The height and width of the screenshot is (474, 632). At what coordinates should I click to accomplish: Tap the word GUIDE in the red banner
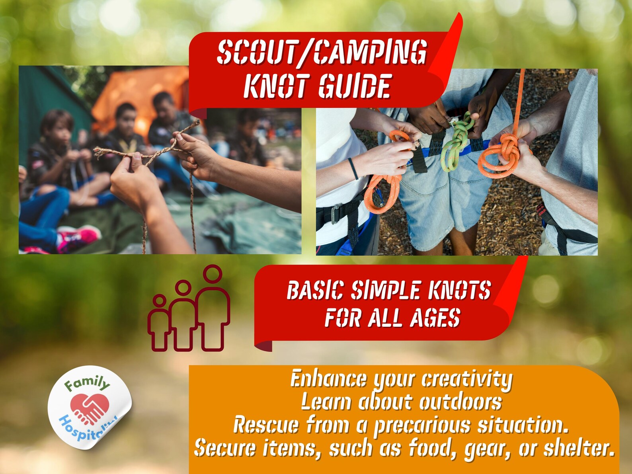coord(354,86)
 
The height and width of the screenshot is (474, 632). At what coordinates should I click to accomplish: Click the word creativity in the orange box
coord(466,379)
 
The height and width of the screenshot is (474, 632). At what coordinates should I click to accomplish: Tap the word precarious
coord(422,425)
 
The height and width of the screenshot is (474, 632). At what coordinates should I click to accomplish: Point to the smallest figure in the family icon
coord(159,324)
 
